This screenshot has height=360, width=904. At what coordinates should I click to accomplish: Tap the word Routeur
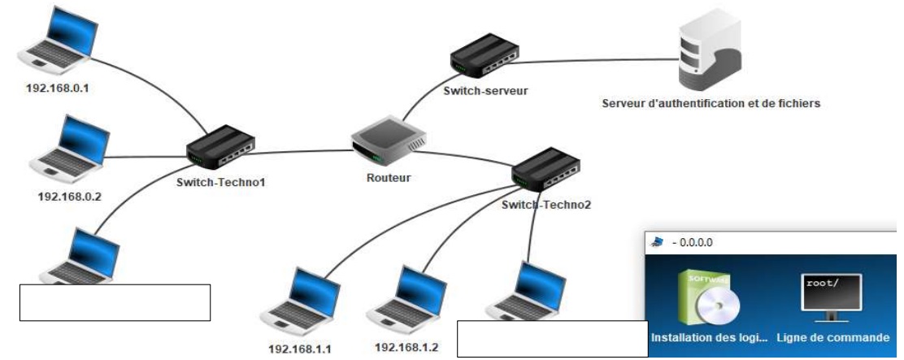388,177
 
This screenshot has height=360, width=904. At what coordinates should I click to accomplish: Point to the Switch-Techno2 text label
546,205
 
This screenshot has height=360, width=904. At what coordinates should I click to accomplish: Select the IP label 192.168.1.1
298,350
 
